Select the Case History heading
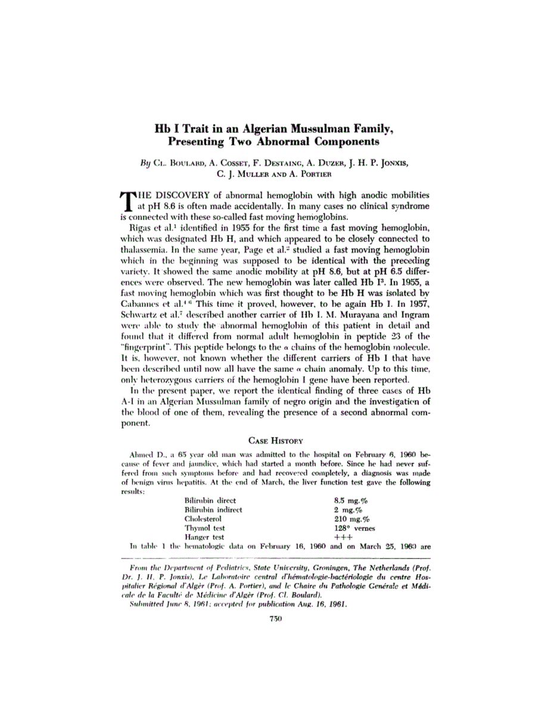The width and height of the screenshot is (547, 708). (272, 440)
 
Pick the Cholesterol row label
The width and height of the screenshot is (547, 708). (204, 519)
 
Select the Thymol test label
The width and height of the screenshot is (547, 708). (204, 528)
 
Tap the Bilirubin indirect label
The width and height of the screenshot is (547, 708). (213, 510)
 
